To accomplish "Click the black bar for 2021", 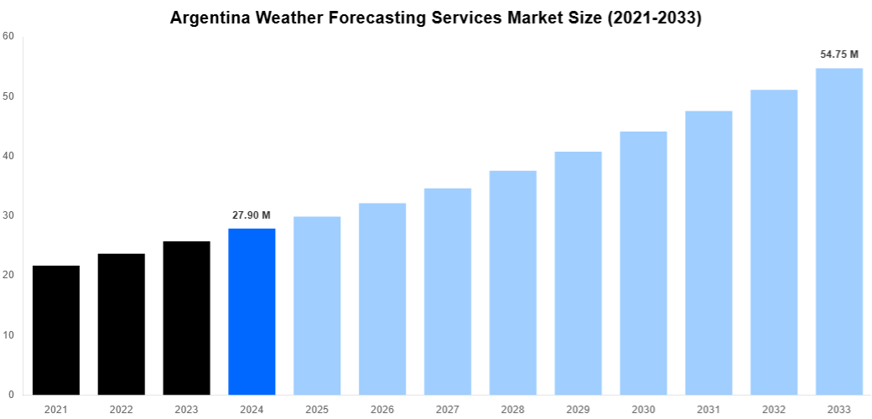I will click(x=56, y=330).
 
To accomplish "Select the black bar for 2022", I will click(x=122, y=324).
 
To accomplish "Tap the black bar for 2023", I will click(x=187, y=318).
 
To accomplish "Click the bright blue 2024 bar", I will click(x=252, y=312).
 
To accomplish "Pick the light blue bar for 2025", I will click(x=317, y=306).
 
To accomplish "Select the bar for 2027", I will click(x=448, y=292).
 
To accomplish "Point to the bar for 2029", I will click(x=579, y=273).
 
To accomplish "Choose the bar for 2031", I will click(x=708, y=253).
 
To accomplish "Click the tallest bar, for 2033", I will click(x=839, y=231).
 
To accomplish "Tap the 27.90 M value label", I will click(x=252, y=215).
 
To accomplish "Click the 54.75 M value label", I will click(x=839, y=54).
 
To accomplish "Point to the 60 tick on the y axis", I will click(x=8, y=36).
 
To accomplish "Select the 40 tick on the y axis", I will click(x=8, y=156).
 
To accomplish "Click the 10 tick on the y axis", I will click(x=8, y=335).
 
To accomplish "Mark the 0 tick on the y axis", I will click(x=11, y=395).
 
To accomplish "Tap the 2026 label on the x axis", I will click(x=382, y=409).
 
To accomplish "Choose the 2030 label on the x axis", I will click(x=643, y=409).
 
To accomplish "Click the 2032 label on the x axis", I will click(x=774, y=409).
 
